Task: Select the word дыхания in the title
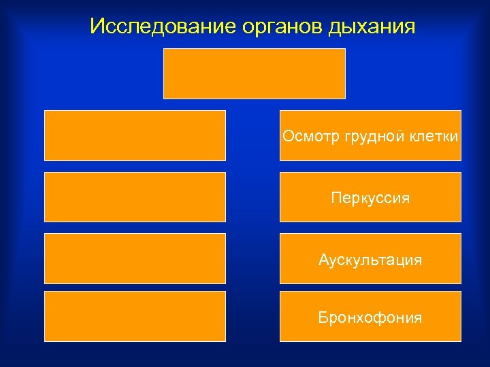pyautogui.click(x=372, y=27)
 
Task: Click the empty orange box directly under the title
pyautogui.click(x=255, y=73)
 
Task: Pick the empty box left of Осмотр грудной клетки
pyautogui.click(x=135, y=135)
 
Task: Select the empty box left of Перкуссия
pyautogui.click(x=135, y=197)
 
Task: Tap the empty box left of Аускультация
pyautogui.click(x=135, y=258)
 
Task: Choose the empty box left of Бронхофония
pyautogui.click(x=135, y=316)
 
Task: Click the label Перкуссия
pyautogui.click(x=370, y=198)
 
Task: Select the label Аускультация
pyautogui.click(x=370, y=260)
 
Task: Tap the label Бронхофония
pyautogui.click(x=370, y=317)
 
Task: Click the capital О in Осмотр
pyautogui.click(x=288, y=137)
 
